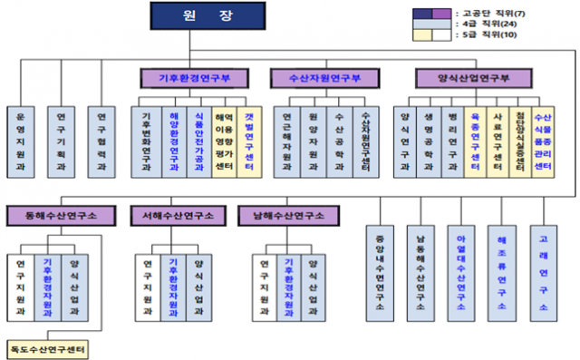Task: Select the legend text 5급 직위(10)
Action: click(517, 39)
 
